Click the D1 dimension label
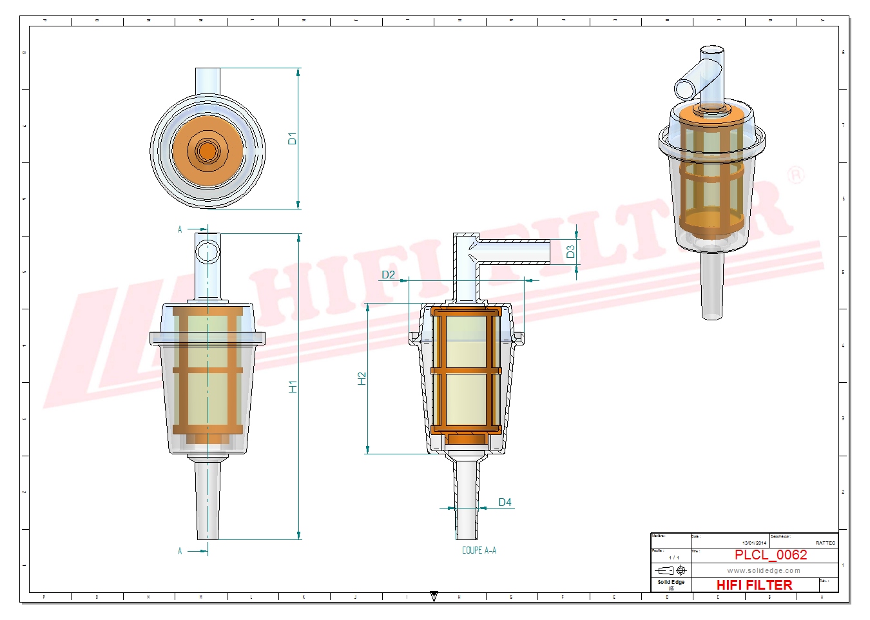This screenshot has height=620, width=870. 292,139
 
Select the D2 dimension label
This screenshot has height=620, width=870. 388,275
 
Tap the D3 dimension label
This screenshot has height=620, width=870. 570,252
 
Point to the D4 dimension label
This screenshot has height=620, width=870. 505,502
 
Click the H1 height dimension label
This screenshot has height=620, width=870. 293,387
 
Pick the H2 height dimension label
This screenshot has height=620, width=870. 362,379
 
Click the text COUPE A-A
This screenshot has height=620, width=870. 479,550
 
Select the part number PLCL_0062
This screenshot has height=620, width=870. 771,555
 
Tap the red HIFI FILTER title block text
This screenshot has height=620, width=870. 754,585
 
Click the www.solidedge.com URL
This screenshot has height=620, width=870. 764,570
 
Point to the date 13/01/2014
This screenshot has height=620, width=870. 754,543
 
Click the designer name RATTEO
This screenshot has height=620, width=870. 825,543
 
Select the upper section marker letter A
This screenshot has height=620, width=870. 180,229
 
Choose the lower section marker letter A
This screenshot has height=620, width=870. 180,551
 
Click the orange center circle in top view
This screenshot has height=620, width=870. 208,151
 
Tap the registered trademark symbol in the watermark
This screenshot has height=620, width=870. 797,175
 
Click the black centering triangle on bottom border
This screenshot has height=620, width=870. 434,596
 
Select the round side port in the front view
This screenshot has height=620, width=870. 208,251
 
